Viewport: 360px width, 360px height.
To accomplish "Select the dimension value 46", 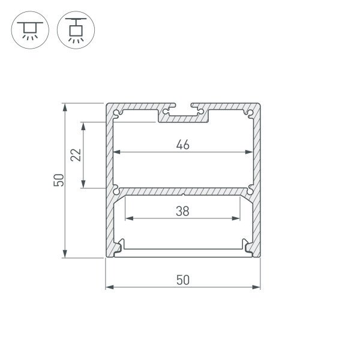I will (x=184, y=144).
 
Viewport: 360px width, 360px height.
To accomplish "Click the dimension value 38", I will (x=184, y=211).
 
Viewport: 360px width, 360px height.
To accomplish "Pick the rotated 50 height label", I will (x=58, y=180).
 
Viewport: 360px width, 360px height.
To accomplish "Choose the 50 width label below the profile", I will (x=183, y=280).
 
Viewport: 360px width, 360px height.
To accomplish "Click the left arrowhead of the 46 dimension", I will (x=117, y=152).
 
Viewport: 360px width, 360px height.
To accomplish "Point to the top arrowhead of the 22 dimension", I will (x=84, y=126).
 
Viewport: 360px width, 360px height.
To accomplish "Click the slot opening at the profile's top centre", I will (x=183, y=107).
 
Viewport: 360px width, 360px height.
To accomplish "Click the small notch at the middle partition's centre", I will (x=183, y=194).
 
